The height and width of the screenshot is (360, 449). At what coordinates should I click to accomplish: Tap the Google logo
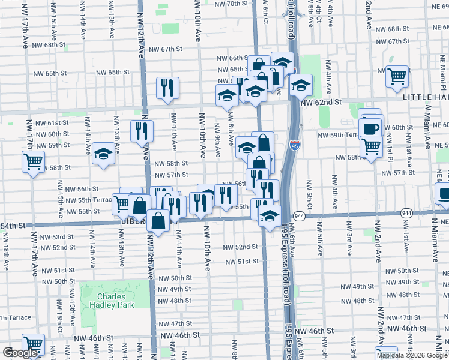click(20, 353)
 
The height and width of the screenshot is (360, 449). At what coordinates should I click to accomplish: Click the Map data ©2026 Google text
click(412, 355)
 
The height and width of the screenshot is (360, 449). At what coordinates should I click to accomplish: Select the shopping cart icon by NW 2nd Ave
click(397, 77)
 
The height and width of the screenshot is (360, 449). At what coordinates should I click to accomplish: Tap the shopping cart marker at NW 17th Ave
click(33, 161)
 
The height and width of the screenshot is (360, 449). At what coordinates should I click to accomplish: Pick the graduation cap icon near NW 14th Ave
click(103, 154)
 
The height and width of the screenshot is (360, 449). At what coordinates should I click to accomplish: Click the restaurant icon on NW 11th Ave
click(167, 88)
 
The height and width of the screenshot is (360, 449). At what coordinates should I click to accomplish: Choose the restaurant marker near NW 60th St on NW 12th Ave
click(142, 131)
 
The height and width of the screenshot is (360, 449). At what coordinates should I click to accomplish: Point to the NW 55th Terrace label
click(88, 200)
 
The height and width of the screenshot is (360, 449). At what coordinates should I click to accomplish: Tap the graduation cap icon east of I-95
click(301, 86)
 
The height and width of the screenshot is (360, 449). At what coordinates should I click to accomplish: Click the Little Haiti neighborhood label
click(426, 97)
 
